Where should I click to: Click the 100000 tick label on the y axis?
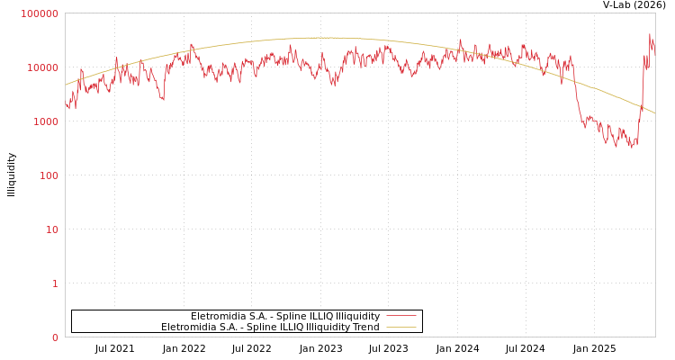click(x=40, y=13)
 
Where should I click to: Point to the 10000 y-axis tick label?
click(x=42, y=67)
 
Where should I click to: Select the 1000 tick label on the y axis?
click(x=45, y=121)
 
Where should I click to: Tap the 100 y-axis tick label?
click(x=48, y=175)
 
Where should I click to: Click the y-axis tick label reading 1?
click(x=54, y=283)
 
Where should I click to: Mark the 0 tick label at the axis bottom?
click(x=54, y=337)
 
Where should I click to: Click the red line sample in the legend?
click(x=400, y=316)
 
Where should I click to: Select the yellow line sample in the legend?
click(x=400, y=327)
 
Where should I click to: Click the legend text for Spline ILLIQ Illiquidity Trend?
click(x=270, y=327)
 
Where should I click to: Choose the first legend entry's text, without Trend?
click(x=284, y=316)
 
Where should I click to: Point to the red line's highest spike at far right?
click(x=650, y=35)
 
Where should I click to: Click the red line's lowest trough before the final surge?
click(x=631, y=147)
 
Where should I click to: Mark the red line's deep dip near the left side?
click(x=163, y=99)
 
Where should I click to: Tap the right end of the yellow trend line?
click(x=654, y=112)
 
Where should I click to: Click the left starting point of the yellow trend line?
click(x=66, y=85)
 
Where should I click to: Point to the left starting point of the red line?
click(x=66, y=104)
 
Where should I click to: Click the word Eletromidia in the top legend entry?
click(x=215, y=316)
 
